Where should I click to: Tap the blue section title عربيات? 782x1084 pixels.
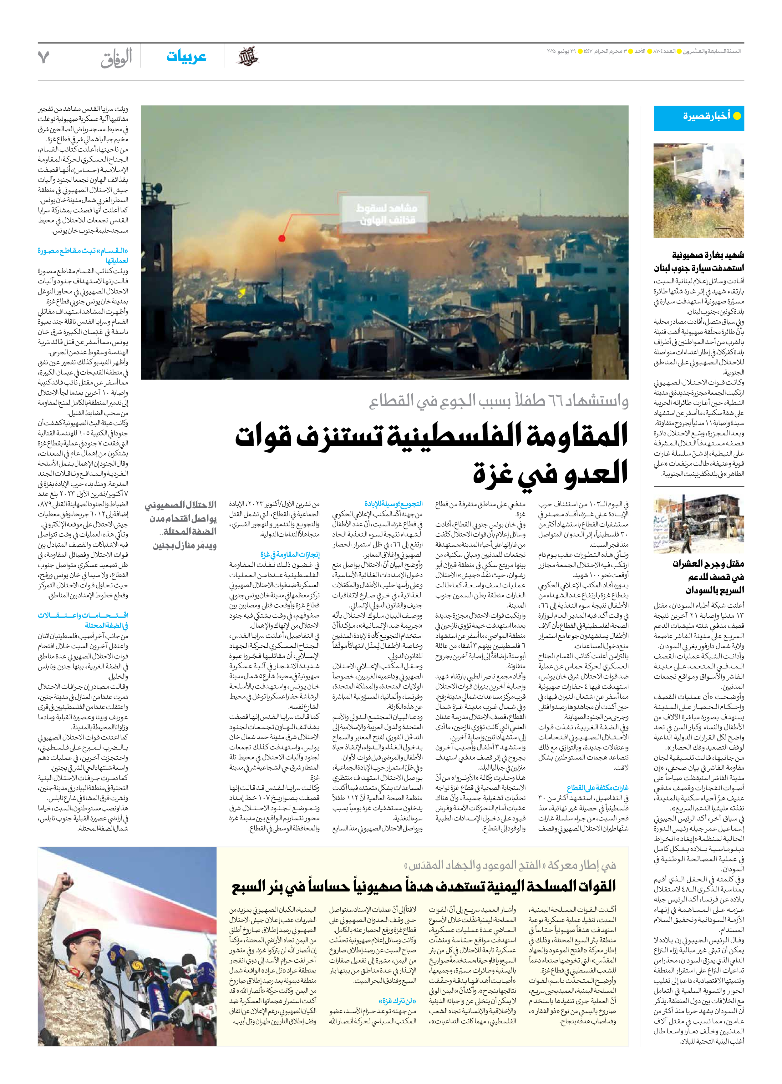[x=186, y=56]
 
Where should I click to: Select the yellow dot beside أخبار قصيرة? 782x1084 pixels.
[x=737, y=116]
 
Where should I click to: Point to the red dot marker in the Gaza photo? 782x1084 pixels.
[x=282, y=238]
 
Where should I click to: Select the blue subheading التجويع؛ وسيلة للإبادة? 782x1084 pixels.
[x=393, y=504]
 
